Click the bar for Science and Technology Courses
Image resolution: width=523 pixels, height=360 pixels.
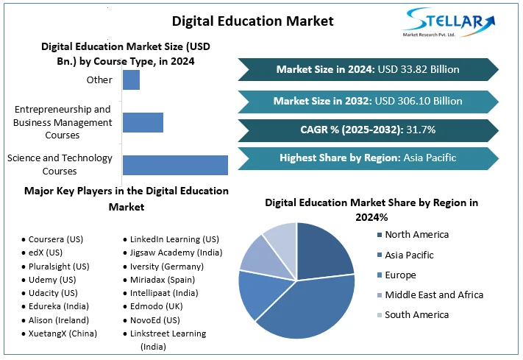pos(175,165)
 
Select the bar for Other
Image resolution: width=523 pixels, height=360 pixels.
pos(131,80)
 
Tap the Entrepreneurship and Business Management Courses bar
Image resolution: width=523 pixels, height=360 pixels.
pos(143,122)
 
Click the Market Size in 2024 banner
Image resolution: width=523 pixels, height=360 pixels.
pos(368,69)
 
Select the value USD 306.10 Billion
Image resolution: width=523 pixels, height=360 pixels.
pos(420,101)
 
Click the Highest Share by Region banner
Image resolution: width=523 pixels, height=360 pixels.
pos(368,158)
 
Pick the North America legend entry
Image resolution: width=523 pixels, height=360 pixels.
pos(416,235)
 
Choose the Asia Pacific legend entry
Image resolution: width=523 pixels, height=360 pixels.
pos(409,255)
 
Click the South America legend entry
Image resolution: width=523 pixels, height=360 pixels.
pos(416,314)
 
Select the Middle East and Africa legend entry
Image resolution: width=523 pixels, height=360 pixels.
pos(434,294)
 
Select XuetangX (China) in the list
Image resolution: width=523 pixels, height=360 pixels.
pos(63,333)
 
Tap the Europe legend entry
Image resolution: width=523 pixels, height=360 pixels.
pos(400,275)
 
